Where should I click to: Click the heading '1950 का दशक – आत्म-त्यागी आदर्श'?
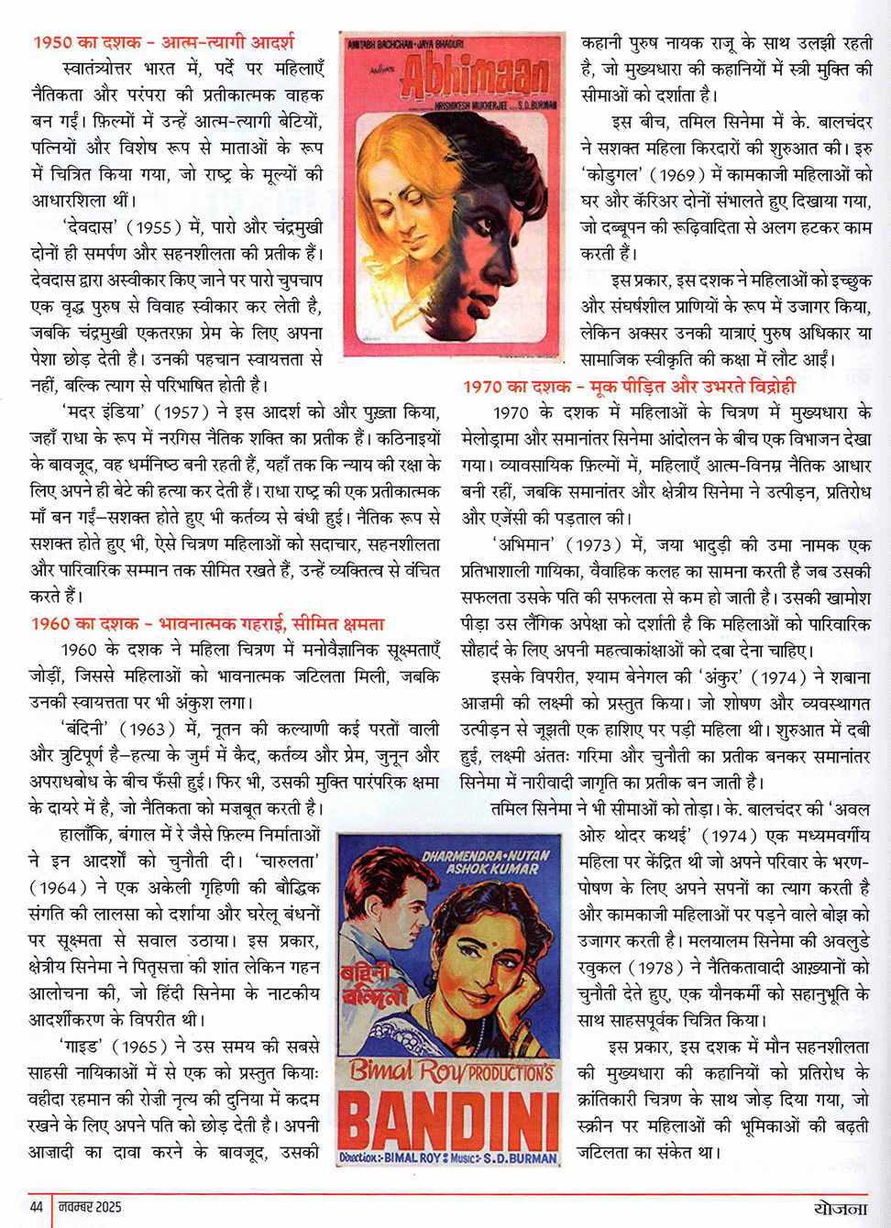[163, 42]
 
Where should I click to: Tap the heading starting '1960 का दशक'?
[207, 624]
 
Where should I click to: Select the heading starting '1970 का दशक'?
[629, 387]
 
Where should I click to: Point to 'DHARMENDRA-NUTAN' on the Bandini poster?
[486, 856]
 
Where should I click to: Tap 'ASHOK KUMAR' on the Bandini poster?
[492, 869]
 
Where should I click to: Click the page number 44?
[37, 1207]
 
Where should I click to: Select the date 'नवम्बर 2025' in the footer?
[90, 1207]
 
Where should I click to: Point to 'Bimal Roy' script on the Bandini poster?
[403, 1069]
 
